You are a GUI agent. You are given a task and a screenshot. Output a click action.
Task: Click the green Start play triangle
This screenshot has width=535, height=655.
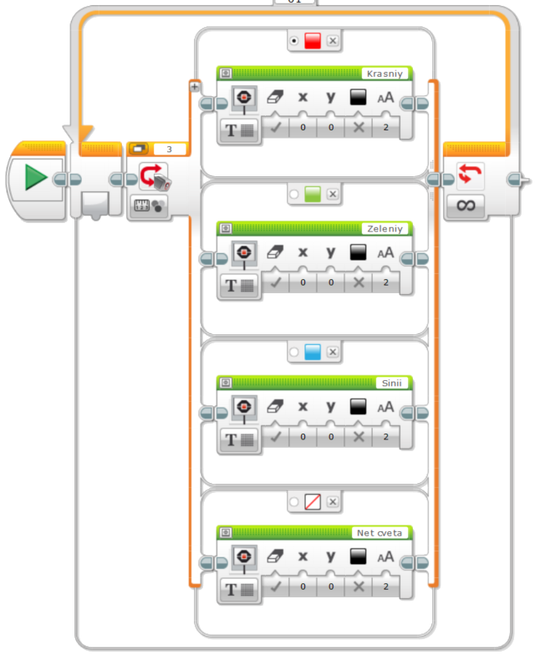[35, 177]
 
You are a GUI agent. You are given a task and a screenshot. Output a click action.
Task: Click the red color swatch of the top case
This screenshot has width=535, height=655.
[313, 40]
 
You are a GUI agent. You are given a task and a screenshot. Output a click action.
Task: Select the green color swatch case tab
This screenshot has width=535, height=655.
[313, 195]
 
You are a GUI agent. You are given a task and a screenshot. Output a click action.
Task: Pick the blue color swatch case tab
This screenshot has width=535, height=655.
[313, 352]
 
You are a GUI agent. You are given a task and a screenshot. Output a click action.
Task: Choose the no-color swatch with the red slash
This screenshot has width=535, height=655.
[313, 501]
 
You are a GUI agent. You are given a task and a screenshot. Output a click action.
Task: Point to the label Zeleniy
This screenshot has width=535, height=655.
[385, 228]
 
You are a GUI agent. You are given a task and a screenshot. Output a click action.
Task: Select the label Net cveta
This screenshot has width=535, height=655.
[379, 532]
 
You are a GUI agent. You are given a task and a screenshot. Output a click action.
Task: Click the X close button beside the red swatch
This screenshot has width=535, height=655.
[333, 40]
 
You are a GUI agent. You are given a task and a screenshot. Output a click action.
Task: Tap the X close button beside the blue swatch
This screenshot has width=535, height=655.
[333, 352]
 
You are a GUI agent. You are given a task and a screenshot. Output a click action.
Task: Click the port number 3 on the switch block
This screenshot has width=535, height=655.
[169, 149]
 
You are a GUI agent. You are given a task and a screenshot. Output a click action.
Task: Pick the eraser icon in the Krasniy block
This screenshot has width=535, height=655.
[275, 97]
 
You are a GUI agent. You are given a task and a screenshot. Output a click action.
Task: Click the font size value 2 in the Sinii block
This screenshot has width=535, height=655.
[385, 437]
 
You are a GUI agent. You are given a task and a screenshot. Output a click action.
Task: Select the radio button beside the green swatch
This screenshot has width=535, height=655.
[293, 195]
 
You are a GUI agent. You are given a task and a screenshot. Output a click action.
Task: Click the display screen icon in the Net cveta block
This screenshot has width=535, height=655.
[243, 556]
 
